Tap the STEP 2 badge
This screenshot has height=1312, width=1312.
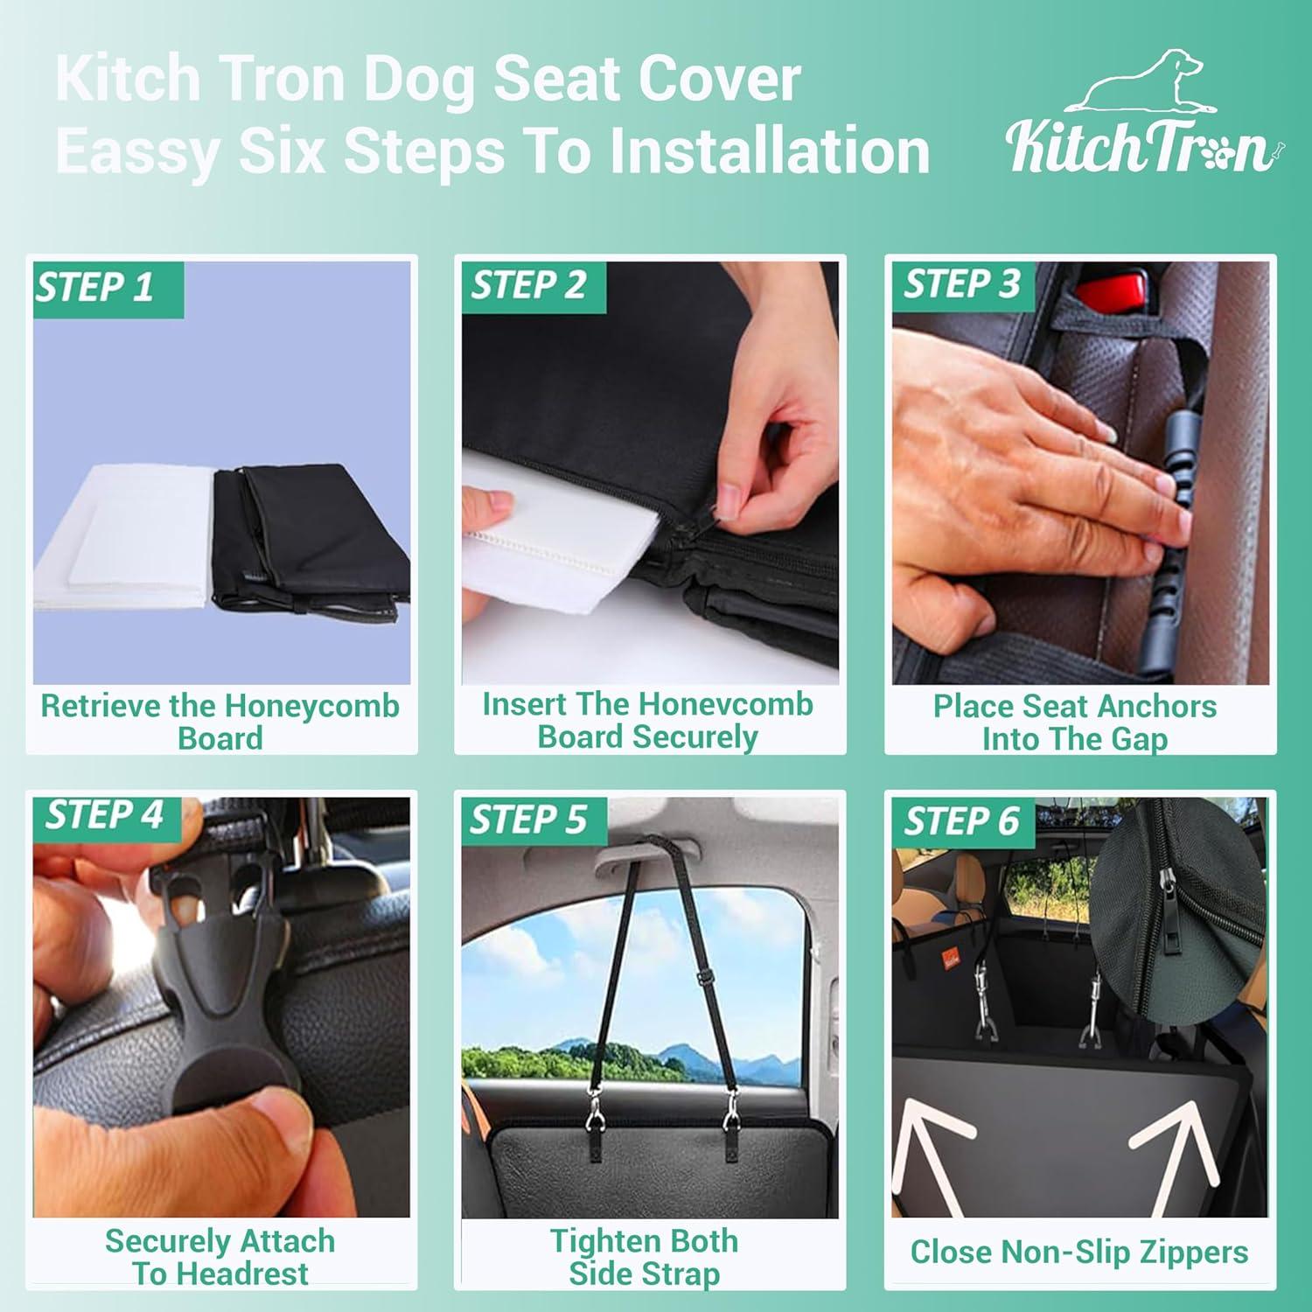(x=529, y=286)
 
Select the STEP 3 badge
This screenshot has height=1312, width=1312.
(x=962, y=284)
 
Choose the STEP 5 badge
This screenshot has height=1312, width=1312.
(x=528, y=820)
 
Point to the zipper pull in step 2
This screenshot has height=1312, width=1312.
(x=723, y=517)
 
